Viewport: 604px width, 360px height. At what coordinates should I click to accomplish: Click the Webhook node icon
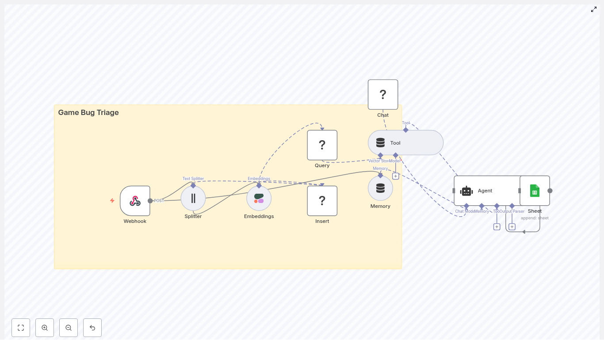coord(135,201)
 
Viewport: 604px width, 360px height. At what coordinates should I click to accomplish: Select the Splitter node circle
coord(193,198)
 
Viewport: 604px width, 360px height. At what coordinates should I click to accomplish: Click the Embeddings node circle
coord(259,198)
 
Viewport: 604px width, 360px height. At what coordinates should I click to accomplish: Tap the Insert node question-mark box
coord(322,201)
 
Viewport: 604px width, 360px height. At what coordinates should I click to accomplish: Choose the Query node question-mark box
coord(322,145)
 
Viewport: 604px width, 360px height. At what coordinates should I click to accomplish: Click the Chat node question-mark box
coord(383,95)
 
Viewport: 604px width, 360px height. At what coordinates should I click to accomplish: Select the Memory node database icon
coord(380,188)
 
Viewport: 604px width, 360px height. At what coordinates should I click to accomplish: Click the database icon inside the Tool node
coord(380,143)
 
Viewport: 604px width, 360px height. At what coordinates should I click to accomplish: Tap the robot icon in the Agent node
coord(466,191)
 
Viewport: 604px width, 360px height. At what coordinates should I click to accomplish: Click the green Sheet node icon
coord(535,191)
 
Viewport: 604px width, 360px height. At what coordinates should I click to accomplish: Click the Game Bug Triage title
coord(88,113)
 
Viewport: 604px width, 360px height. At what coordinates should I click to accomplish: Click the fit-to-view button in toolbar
coord(21,328)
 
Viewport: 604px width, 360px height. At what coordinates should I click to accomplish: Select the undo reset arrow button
coord(92,328)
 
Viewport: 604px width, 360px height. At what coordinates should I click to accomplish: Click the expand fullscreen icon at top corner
coord(594,9)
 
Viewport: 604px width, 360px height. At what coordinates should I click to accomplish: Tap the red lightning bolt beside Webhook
coord(112,201)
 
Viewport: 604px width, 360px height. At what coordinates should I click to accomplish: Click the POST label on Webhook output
coord(159,201)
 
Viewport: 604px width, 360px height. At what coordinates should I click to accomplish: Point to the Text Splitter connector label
coord(193,179)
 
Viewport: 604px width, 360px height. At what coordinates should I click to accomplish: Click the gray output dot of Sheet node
coord(550,191)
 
